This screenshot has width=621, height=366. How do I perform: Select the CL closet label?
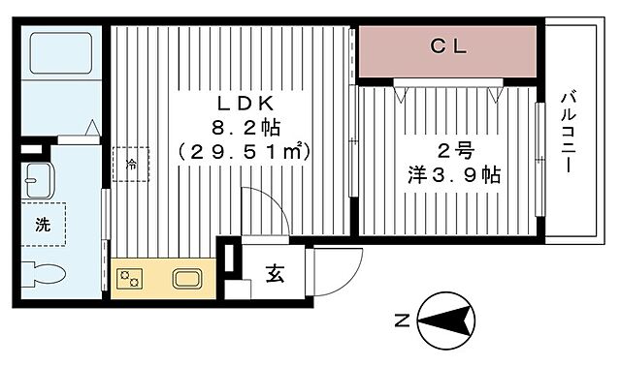(x=447, y=45)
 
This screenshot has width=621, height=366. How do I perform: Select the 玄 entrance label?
(x=275, y=274)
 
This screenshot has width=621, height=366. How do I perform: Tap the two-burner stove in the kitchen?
(x=130, y=279)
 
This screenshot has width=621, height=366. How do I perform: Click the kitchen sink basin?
(x=187, y=279)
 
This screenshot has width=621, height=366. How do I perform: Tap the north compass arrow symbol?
(x=447, y=318)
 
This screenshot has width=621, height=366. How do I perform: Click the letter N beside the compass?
(x=400, y=319)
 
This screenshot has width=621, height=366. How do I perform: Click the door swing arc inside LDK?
(x=264, y=211)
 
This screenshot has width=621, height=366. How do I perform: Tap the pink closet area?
(x=447, y=50)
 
